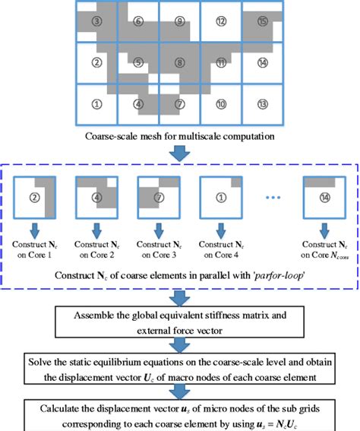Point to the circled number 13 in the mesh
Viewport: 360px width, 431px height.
click(262, 103)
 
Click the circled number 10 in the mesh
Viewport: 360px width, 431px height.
click(221, 103)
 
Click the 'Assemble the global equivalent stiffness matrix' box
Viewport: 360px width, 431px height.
click(180, 318)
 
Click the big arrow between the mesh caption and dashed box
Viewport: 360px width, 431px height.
click(180, 153)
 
